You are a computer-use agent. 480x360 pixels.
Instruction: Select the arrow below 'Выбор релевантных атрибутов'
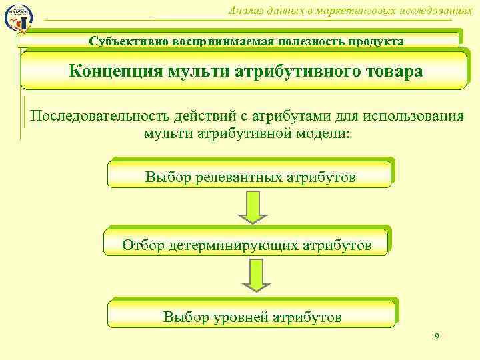253,207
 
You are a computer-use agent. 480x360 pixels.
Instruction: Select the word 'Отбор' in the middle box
143,245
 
